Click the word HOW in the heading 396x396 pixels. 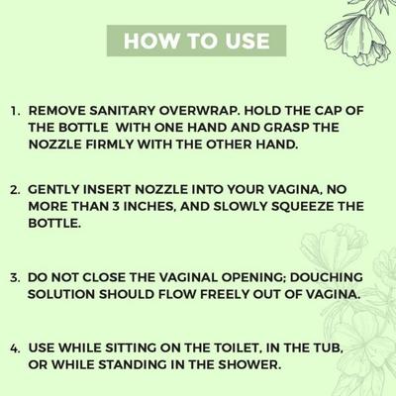pyautogui.click(x=150, y=41)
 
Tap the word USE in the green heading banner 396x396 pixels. pyautogui.click(x=245, y=41)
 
